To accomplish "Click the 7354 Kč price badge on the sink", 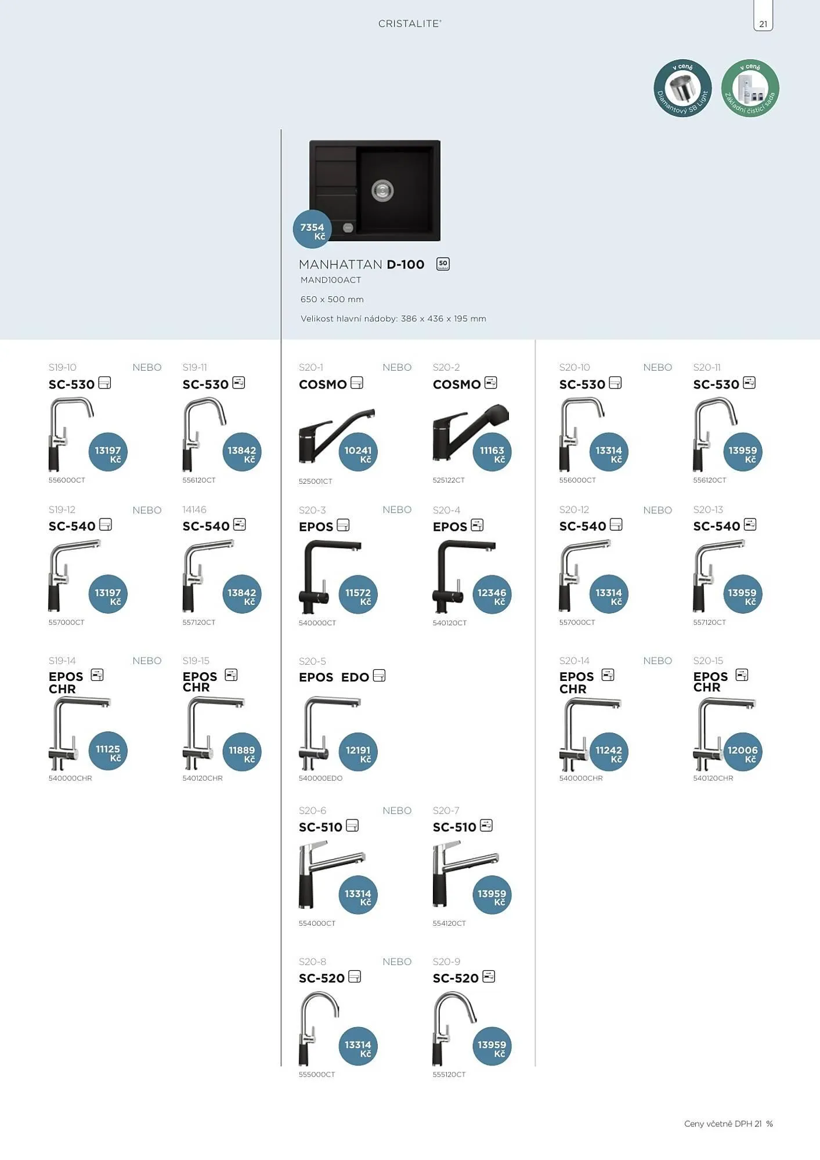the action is coord(312,229).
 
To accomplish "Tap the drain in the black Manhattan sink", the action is coord(382,190).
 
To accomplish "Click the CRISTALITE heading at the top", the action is coord(410,24).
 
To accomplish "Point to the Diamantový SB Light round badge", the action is coord(682,88).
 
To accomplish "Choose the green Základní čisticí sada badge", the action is coord(750,88).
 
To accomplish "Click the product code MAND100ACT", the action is coord(331,280).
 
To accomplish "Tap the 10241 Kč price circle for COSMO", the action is coord(358,451).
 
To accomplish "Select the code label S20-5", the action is coord(312,661).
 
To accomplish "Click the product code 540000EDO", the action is coord(320,778).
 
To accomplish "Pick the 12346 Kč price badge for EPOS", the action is coord(492,594).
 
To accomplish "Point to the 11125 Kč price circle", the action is coord(108,751).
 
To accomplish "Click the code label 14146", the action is coord(194,510).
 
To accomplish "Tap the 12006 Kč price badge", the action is coord(742,751).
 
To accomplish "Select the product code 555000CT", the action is coord(317,1075).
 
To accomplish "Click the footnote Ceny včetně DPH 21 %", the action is coord(728,1124).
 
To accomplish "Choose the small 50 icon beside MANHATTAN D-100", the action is coord(443,264).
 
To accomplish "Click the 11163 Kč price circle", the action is coord(492,451).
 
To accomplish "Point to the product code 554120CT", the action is coord(449,923).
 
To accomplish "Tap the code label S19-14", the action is coord(62,661).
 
